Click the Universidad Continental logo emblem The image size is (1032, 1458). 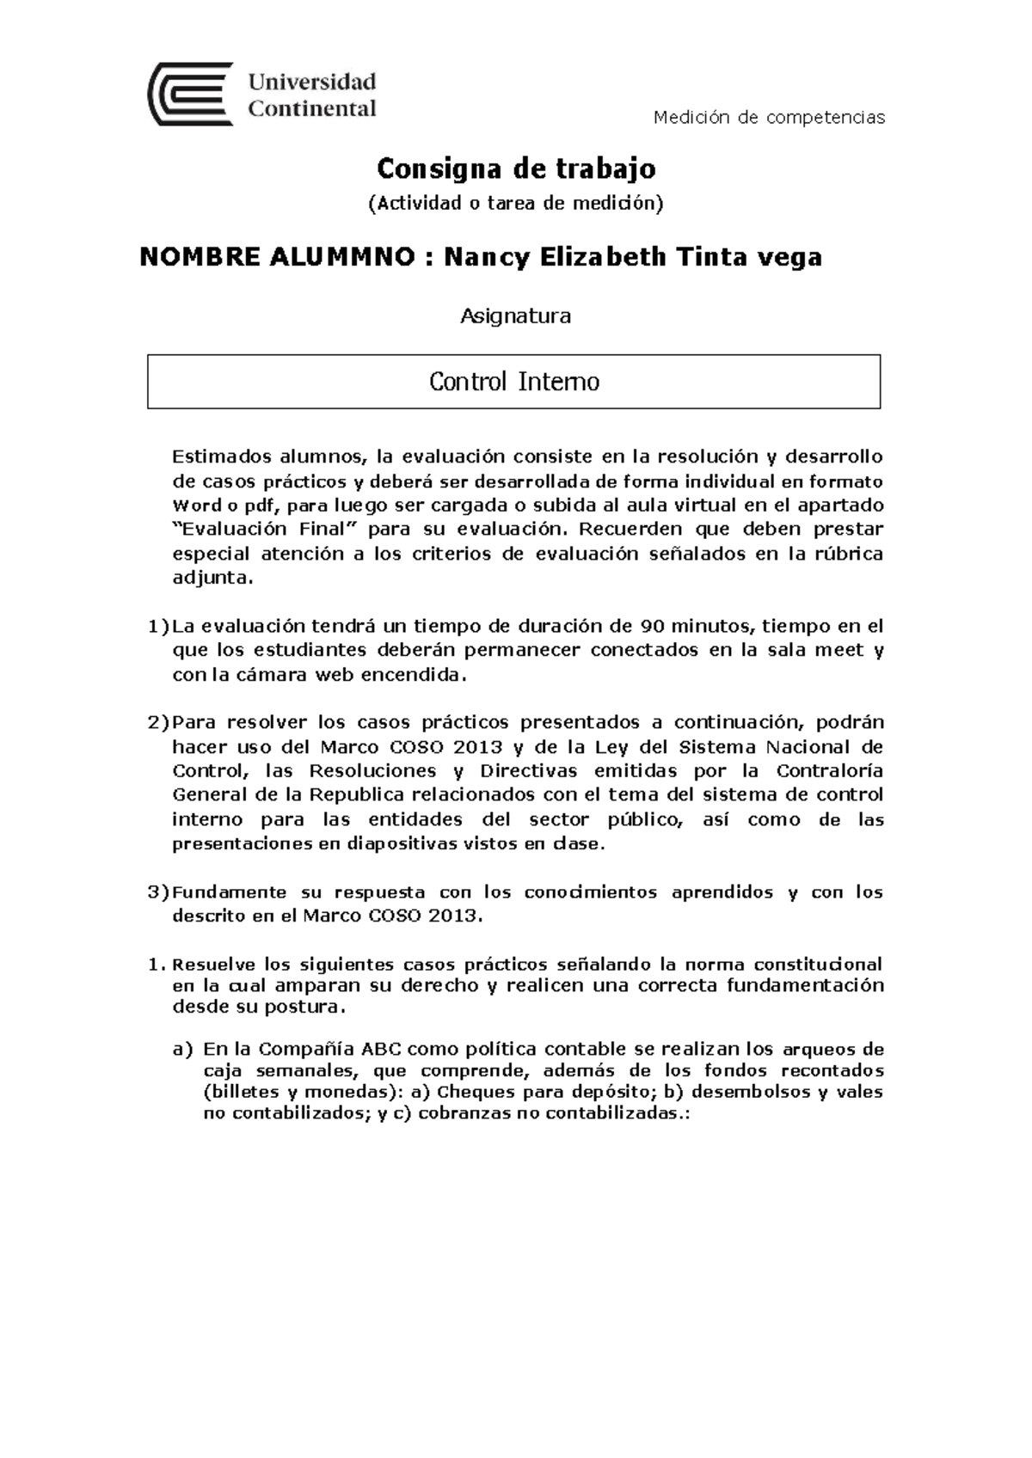click(190, 94)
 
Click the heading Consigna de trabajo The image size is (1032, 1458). click(516, 168)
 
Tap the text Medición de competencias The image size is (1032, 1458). click(769, 117)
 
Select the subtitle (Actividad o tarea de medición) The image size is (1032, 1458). click(516, 204)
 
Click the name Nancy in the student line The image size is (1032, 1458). click(485, 257)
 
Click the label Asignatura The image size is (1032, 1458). click(515, 316)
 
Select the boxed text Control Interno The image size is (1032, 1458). click(514, 382)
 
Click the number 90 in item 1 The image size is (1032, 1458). click(652, 625)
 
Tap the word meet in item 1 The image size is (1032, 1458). click(838, 650)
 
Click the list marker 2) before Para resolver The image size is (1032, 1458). click(158, 722)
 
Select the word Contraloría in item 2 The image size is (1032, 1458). click(829, 770)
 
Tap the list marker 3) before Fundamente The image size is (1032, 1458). click(158, 892)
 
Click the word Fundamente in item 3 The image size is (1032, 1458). click(230, 892)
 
